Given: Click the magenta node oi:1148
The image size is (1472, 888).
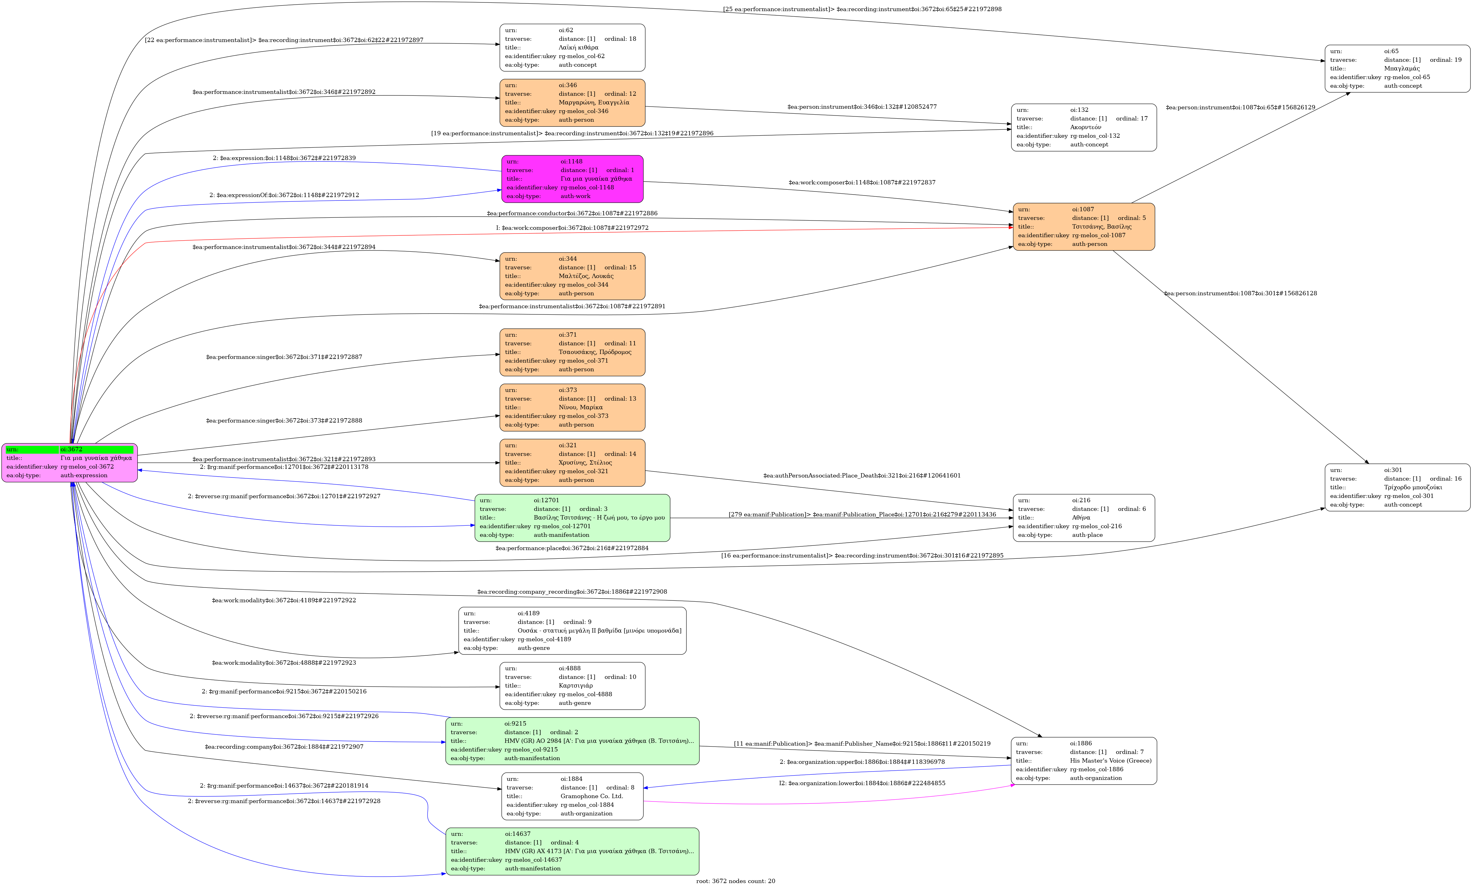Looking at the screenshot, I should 572,179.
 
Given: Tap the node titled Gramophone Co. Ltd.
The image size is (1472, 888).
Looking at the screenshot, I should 572,796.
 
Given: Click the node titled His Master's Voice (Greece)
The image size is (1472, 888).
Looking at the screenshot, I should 1083,761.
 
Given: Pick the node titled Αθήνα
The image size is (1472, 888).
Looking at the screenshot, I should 1083,518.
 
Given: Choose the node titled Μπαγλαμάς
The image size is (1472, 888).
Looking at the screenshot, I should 1397,69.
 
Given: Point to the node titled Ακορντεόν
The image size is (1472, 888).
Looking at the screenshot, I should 1083,127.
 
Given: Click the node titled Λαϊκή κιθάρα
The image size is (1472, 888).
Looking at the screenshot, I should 572,48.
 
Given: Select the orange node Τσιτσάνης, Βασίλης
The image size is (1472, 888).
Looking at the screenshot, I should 1083,227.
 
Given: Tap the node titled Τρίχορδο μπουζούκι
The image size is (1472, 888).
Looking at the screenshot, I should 1397,487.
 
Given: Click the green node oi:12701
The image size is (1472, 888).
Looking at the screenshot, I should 572,518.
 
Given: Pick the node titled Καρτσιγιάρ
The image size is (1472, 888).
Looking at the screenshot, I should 572,686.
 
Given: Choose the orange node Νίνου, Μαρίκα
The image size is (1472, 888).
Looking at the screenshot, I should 572,407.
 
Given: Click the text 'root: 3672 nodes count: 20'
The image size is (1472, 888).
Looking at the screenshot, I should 736,881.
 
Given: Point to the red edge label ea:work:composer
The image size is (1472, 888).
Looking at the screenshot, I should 572,228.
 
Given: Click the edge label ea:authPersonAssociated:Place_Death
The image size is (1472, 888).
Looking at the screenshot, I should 862,475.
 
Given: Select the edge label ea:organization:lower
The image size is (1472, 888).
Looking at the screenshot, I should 862,783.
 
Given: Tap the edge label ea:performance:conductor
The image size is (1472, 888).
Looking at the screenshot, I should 572,213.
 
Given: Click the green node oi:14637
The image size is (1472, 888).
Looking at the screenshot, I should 572,851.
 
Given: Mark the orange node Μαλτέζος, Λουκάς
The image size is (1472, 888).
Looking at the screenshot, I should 572,276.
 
